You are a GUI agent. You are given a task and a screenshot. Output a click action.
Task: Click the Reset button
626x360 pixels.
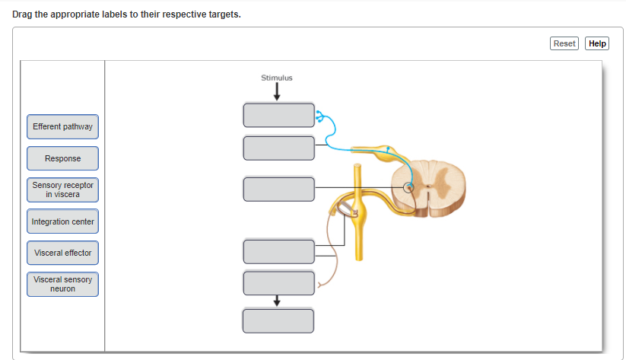pos(564,43)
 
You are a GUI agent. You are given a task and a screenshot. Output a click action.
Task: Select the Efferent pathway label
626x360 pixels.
pos(62,126)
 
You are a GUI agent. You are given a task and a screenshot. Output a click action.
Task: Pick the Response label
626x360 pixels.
pos(62,158)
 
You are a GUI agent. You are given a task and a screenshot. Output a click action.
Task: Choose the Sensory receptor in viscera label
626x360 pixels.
pos(62,190)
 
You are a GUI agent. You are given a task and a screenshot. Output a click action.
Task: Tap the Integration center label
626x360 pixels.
pos(62,221)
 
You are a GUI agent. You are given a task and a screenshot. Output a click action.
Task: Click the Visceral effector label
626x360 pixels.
pos(62,253)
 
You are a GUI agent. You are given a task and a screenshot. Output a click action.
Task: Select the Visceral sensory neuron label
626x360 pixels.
pos(62,284)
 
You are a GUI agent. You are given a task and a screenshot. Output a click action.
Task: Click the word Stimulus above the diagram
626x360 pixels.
pos(276,78)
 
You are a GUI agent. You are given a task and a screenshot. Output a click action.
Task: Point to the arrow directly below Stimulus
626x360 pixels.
pos(277,91)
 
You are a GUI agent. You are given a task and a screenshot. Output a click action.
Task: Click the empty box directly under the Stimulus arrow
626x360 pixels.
pos(278,116)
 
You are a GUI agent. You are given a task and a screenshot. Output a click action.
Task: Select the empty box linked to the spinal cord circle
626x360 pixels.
pos(278,188)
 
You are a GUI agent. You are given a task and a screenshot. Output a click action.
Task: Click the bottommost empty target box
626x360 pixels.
pos(278,320)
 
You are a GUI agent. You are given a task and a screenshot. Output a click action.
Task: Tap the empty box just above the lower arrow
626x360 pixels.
pos(278,282)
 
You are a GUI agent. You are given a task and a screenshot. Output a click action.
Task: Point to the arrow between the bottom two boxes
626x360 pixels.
pos(277,301)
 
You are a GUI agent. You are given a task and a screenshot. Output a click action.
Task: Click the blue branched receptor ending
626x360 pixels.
pos(320,116)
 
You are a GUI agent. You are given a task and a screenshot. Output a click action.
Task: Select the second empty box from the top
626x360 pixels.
pos(278,148)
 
